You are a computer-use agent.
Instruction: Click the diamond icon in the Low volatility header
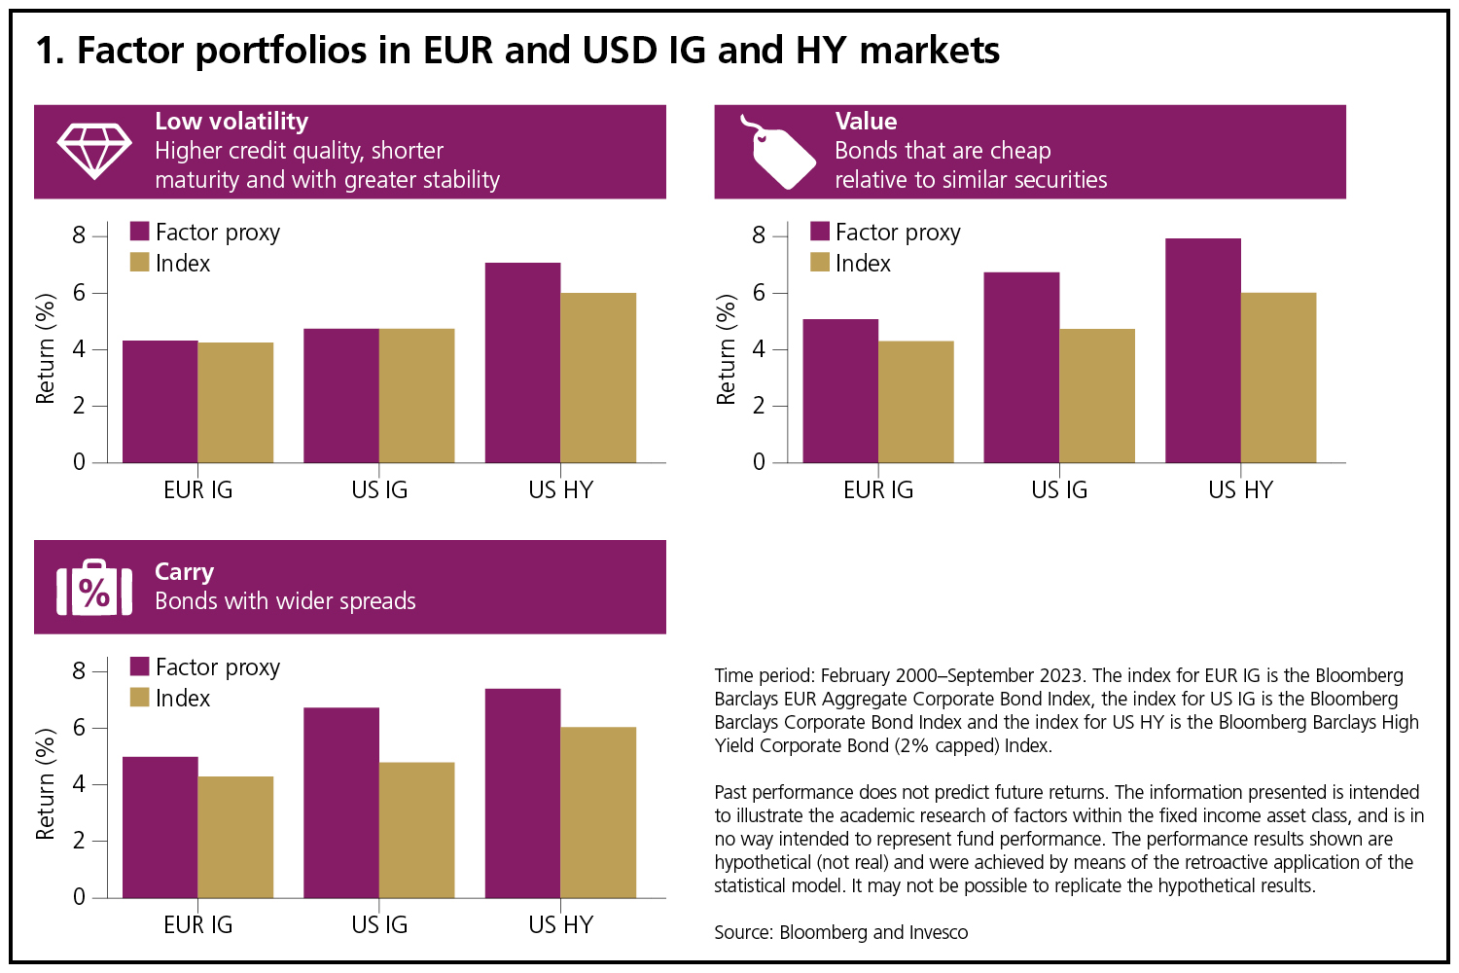point(94,151)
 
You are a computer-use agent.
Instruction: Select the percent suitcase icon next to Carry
point(94,588)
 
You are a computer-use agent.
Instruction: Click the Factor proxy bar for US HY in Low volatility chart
point(522,362)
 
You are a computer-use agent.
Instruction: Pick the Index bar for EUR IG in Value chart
point(916,401)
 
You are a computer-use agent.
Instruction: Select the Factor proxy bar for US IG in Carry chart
point(341,802)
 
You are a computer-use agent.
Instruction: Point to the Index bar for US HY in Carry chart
point(598,811)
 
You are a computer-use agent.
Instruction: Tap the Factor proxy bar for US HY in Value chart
point(1202,350)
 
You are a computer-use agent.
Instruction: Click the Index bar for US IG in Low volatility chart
point(416,395)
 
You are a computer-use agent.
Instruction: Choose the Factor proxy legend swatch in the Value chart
point(820,232)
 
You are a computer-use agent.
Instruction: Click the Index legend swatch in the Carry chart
point(140,698)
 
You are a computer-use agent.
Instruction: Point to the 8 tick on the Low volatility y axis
point(79,235)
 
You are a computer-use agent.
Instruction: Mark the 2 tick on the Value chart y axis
point(759,406)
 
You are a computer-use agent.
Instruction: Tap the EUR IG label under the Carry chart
point(198,924)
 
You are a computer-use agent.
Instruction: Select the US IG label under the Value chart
point(1059,489)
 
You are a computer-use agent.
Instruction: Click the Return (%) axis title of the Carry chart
point(45,784)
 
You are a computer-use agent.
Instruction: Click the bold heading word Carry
point(184,571)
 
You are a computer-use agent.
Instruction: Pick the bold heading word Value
point(866,122)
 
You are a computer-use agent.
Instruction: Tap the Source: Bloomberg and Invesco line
point(840,932)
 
